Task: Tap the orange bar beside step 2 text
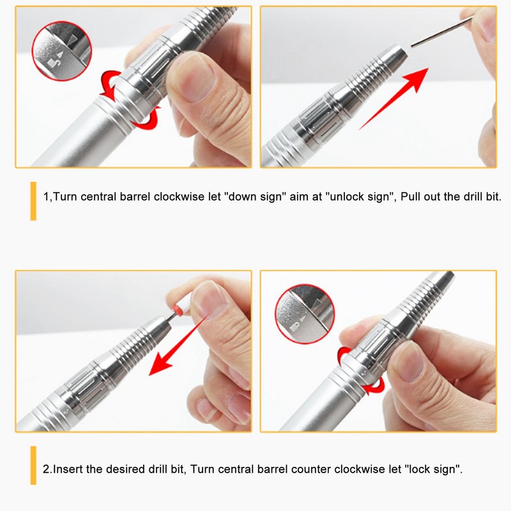(33, 466)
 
